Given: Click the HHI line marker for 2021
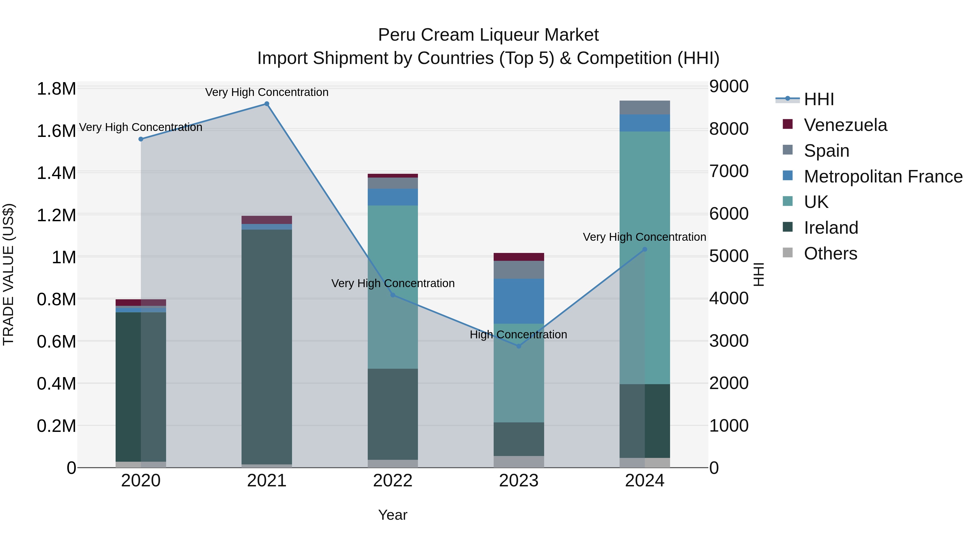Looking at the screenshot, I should pyautogui.click(x=267, y=104).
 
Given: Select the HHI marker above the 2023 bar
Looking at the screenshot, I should pyautogui.click(x=519, y=346).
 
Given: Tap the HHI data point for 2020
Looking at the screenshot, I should pyautogui.click(x=141, y=139).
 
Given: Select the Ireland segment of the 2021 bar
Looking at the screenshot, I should pyautogui.click(x=267, y=347).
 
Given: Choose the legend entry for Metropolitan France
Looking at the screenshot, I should pyautogui.click(x=883, y=176).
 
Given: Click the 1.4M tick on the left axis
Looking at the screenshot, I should pyautogui.click(x=56, y=173).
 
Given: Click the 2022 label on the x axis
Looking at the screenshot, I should pyautogui.click(x=392, y=481).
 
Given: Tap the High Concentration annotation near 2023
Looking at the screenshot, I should pyautogui.click(x=518, y=335).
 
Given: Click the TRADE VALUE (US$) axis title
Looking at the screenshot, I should pyautogui.click(x=8, y=274).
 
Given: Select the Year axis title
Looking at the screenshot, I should pyautogui.click(x=392, y=515).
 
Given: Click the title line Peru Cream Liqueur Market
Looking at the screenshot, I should pyautogui.click(x=488, y=35).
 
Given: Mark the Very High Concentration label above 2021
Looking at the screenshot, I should pyautogui.click(x=267, y=92).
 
